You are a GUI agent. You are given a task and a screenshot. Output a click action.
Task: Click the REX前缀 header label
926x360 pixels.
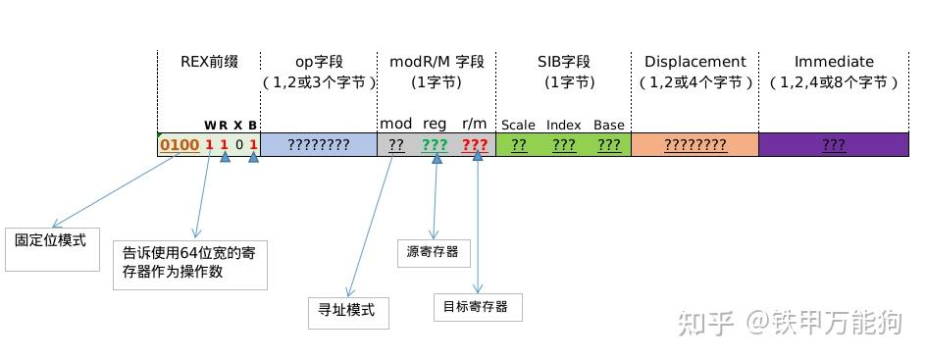pos(209,61)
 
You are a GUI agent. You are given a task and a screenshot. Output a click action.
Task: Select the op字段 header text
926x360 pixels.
pos(319,61)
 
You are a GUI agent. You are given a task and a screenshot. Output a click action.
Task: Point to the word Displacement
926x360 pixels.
pos(695,61)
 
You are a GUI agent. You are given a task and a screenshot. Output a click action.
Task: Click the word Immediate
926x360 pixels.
pos(834,61)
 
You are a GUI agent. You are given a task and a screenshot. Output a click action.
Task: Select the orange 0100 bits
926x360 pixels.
pos(180,145)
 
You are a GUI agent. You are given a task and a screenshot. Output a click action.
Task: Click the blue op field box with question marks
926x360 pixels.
pos(319,145)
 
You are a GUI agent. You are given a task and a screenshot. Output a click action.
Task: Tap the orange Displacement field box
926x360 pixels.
pos(694,145)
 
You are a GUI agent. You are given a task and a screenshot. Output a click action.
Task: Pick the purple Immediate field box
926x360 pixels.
pos(834,145)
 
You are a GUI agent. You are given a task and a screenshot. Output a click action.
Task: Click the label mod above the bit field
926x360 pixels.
pos(396,124)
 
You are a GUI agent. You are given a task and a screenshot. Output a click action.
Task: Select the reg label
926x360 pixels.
pos(435,124)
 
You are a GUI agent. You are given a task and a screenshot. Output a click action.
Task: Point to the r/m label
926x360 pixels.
pos(475,124)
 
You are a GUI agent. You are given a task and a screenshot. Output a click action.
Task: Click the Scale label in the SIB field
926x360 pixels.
pos(518,126)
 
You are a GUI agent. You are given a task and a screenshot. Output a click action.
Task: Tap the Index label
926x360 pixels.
pos(564,126)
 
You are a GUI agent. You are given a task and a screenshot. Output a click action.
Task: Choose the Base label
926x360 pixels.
pos(608,126)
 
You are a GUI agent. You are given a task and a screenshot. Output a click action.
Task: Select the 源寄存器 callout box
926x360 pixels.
pos(433,252)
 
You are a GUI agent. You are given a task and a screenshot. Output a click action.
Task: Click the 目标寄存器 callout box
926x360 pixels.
pos(477,306)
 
